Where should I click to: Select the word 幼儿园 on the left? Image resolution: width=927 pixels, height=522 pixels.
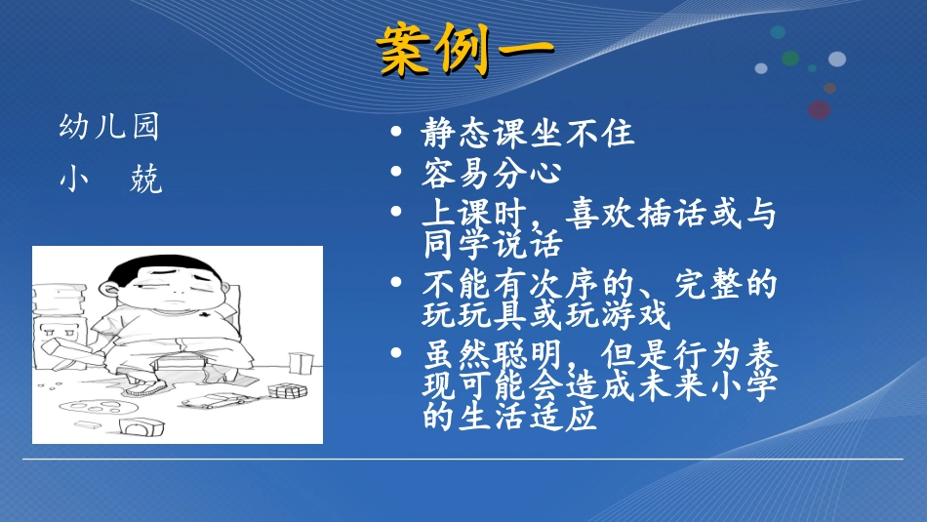109,128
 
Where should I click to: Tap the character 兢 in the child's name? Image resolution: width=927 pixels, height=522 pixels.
145,180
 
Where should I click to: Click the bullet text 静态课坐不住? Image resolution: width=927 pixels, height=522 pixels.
528,133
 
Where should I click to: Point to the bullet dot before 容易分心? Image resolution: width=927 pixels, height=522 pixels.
395,173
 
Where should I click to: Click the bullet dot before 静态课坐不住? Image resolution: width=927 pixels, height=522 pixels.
395,133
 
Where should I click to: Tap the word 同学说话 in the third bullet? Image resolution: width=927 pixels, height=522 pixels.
492,240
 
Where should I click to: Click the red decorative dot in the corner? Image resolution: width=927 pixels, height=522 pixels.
819,109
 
